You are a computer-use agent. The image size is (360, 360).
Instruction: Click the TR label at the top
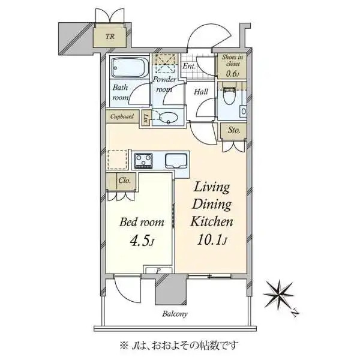click(110, 37)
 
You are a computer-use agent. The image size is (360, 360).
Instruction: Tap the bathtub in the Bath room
click(130, 67)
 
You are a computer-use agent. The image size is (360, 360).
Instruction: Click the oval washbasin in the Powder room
click(168, 118)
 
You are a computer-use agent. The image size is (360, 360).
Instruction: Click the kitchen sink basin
click(176, 161)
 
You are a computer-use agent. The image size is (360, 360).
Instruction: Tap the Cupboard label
click(122, 116)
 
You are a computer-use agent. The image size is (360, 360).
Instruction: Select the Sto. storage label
click(234, 130)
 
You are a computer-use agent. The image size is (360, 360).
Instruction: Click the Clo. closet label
click(124, 181)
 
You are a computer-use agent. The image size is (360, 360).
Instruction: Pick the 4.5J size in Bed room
click(142, 241)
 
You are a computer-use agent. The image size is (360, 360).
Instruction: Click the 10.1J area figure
click(212, 240)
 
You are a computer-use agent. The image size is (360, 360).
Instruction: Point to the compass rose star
click(279, 295)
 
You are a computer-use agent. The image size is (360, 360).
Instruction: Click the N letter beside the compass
click(295, 313)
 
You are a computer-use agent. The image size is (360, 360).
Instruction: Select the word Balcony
click(175, 314)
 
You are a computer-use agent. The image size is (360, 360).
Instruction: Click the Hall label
click(201, 92)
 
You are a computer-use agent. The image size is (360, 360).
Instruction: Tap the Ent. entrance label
click(189, 66)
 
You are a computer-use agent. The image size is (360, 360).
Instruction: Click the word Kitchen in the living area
click(212, 221)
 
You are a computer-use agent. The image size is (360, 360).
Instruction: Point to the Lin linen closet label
click(145, 118)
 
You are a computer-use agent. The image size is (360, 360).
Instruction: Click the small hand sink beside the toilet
click(244, 112)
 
